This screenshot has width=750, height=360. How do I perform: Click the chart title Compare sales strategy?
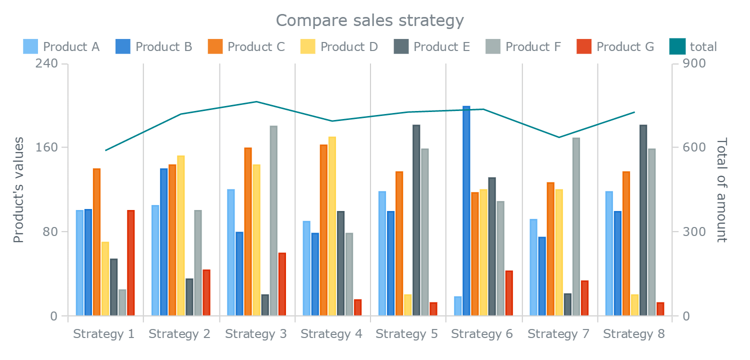click(x=370, y=20)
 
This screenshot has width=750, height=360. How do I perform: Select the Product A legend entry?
click(x=61, y=47)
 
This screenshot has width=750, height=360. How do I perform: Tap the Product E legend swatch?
click(x=401, y=46)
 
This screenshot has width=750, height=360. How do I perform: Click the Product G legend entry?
click(x=615, y=47)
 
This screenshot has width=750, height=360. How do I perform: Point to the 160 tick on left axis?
click(x=44, y=147)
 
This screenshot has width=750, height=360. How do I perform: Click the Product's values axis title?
click(x=19, y=190)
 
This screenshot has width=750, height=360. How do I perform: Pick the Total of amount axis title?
click(x=721, y=190)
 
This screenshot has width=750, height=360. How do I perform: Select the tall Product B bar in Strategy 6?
click(x=466, y=210)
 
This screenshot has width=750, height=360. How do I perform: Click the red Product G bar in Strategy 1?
click(x=131, y=262)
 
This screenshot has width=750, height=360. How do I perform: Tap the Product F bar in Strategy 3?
click(x=273, y=220)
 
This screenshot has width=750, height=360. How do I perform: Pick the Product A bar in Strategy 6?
click(x=458, y=306)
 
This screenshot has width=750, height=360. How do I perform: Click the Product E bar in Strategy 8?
click(x=643, y=220)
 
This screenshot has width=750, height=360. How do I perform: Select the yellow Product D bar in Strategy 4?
click(x=332, y=225)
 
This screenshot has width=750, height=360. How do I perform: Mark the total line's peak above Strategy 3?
click(x=256, y=101)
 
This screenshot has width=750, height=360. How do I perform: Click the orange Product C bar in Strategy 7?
click(x=550, y=249)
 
